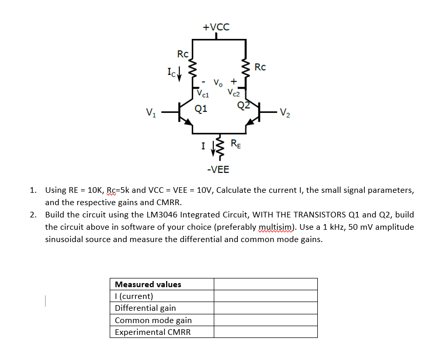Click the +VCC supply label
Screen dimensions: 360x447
[x=216, y=27]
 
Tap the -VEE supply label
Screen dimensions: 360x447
[x=218, y=170]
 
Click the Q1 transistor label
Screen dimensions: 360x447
[x=201, y=108]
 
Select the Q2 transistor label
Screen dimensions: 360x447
[x=242, y=106]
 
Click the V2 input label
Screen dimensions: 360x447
[x=286, y=112]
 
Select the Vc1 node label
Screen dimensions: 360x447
[x=204, y=94]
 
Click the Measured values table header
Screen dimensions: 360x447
[x=148, y=284]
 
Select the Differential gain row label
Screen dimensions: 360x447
[x=145, y=308]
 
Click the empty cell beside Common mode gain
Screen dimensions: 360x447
[x=265, y=320]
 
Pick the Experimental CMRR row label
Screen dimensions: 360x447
[x=152, y=332]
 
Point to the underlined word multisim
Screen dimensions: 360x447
[x=276, y=227]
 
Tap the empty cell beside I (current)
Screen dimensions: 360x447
[x=265, y=296]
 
